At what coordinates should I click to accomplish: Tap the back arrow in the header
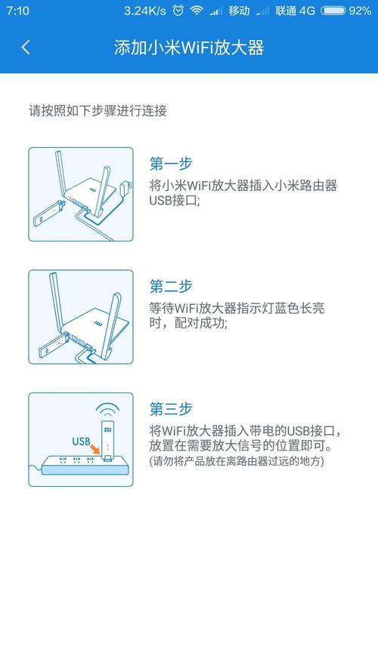coord(26,47)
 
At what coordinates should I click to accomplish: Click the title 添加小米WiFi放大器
coord(188,47)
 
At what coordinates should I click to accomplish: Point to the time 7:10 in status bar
coord(17,11)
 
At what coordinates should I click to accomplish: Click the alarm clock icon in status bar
coord(178,11)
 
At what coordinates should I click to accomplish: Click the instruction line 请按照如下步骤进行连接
coord(98,110)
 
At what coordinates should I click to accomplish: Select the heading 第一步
coord(171,163)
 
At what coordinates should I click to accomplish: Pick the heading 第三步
coord(171,408)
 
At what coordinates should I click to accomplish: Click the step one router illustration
coord(81,194)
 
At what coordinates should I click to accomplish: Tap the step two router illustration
coord(81,317)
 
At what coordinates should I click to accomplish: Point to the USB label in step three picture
coord(81,441)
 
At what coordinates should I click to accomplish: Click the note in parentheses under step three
coord(237,460)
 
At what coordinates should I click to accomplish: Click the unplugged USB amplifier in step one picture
coord(46,214)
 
